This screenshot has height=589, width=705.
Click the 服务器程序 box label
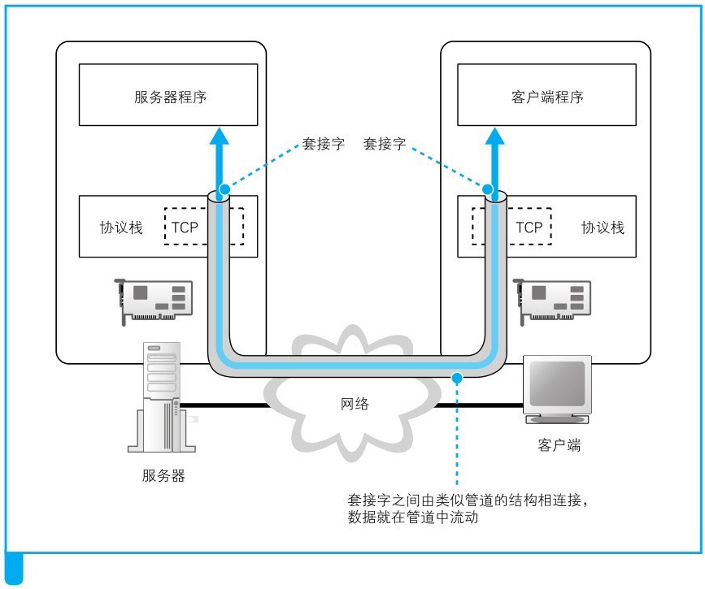point(170,97)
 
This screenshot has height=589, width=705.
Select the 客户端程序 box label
point(548,97)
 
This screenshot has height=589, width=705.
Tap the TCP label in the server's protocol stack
point(185,227)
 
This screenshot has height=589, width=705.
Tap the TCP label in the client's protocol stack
point(529,227)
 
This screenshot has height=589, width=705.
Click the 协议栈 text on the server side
point(121,227)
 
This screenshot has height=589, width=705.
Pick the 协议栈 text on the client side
point(603,227)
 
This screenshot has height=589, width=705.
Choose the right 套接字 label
point(385,144)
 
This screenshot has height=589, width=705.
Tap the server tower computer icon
point(161,397)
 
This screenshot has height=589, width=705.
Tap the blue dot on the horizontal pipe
point(458,377)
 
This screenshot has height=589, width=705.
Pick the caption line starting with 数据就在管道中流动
point(413,518)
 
